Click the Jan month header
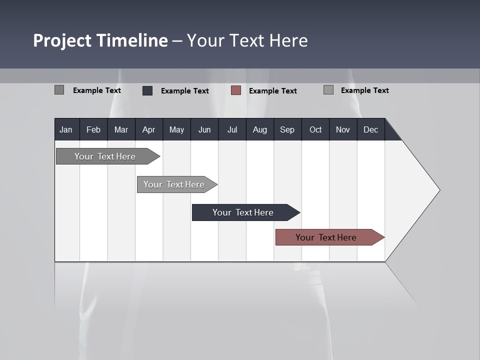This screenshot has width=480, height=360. tap(66, 130)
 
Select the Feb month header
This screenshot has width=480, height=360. tap(93, 130)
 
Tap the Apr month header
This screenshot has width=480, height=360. tap(148, 130)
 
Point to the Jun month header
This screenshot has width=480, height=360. tap(204, 130)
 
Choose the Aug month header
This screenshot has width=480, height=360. tap(259, 130)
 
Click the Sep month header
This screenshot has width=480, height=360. tap(287, 130)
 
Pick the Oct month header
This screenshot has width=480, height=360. tap(315, 130)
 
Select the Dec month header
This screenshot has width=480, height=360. tap(370, 130)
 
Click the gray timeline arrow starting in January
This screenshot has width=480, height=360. tap(105, 156)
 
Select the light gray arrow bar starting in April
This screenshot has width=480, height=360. tap(174, 184)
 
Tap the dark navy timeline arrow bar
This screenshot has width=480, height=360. tap(243, 212)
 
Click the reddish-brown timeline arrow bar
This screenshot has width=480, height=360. tap(326, 237)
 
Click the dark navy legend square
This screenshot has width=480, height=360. tap(147, 90)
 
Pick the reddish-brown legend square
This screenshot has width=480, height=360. tap(236, 90)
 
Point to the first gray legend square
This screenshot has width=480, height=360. tap(59, 90)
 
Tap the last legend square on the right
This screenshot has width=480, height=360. tap(328, 90)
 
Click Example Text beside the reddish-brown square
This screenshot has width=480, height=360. tap(272, 91)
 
